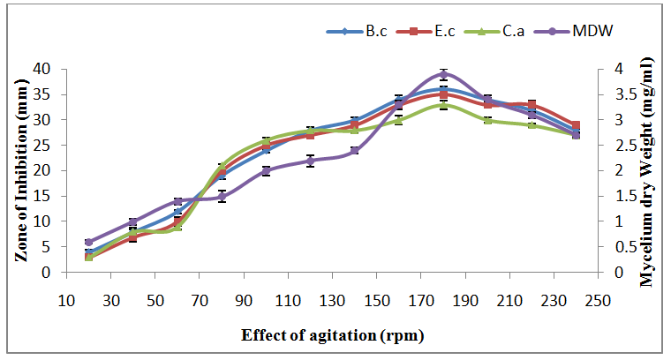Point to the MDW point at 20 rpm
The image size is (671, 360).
[88, 242]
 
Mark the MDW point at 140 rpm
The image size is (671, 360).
[354, 151]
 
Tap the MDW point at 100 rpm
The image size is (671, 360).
[266, 170]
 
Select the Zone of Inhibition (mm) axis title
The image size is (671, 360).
[19, 170]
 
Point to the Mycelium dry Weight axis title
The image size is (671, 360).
[649, 170]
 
